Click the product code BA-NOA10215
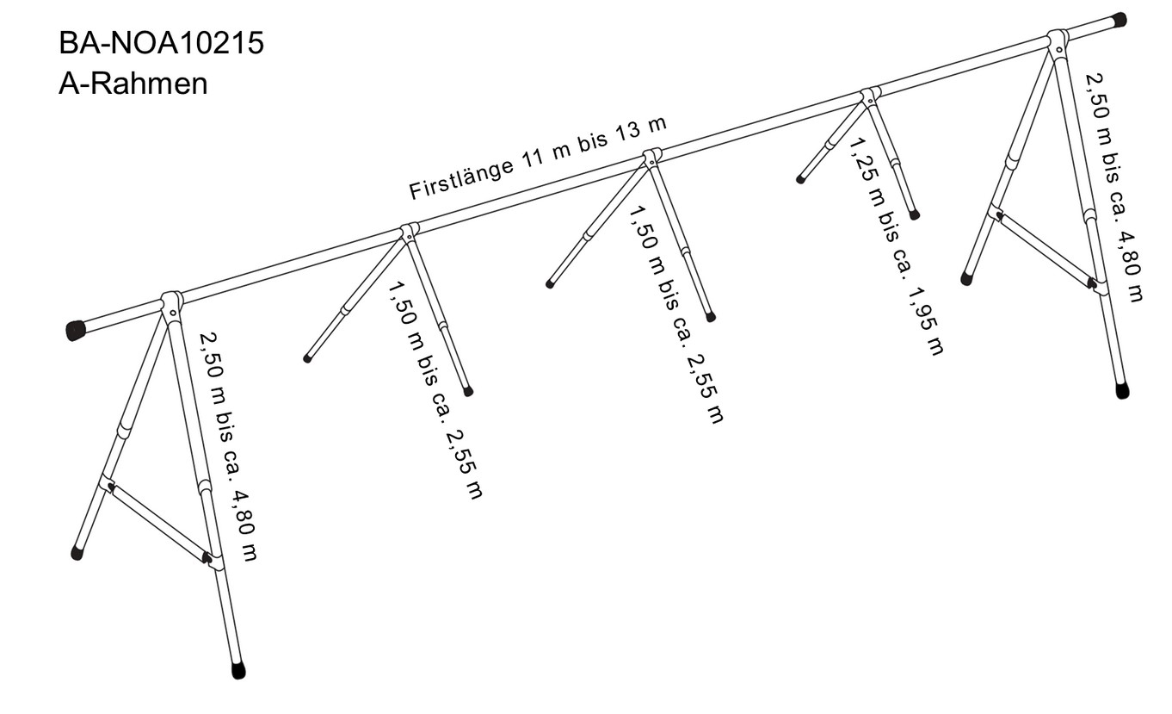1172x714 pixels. [x=161, y=44]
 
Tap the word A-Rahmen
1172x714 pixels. [x=133, y=84]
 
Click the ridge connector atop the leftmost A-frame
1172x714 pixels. [x=172, y=303]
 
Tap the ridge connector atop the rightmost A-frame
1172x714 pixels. [x=1058, y=40]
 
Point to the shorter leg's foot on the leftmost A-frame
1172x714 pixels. [x=77, y=554]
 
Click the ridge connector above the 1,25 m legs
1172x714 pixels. [x=870, y=96]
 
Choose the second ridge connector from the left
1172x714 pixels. [x=410, y=231]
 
